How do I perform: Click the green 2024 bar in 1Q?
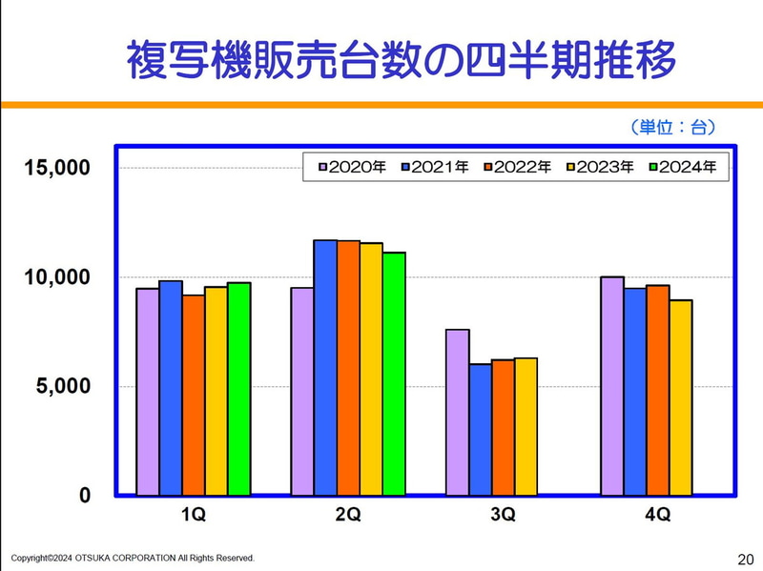238,389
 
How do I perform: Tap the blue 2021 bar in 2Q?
325,367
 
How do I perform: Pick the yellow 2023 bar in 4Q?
680,398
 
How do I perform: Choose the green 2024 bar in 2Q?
394,374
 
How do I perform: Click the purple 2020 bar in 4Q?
611,386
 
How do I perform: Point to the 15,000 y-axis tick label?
57,168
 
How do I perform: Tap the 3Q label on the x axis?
503,516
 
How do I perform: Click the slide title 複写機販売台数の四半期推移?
401,59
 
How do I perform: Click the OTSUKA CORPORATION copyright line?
133,558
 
